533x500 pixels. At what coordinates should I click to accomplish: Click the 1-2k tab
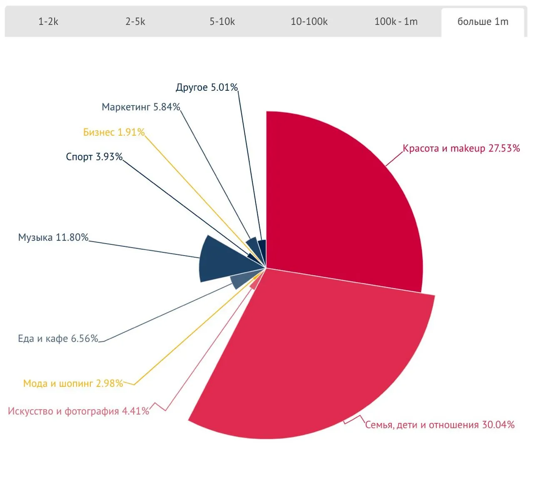[x=48, y=22]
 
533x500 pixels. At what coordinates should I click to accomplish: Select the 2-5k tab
[x=135, y=22]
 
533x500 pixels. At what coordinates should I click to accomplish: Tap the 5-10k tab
[x=222, y=22]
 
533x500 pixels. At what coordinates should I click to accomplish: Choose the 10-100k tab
[x=309, y=22]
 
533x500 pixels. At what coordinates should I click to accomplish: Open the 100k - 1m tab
[x=396, y=22]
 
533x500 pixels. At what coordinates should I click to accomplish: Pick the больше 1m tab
[x=483, y=22]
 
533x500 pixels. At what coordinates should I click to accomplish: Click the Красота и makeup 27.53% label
[x=461, y=148]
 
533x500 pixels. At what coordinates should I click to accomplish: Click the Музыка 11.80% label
[x=53, y=238]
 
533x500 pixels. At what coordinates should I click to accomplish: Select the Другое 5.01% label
[x=207, y=87]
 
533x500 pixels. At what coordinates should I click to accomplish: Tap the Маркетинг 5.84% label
[x=141, y=107]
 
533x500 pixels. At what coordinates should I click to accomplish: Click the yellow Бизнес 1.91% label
[x=114, y=132]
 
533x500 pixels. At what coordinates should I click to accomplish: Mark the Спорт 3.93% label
[x=94, y=157]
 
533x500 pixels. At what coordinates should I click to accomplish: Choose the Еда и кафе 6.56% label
[x=58, y=339]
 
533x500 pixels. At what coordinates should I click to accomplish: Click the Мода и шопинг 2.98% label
[x=73, y=383]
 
